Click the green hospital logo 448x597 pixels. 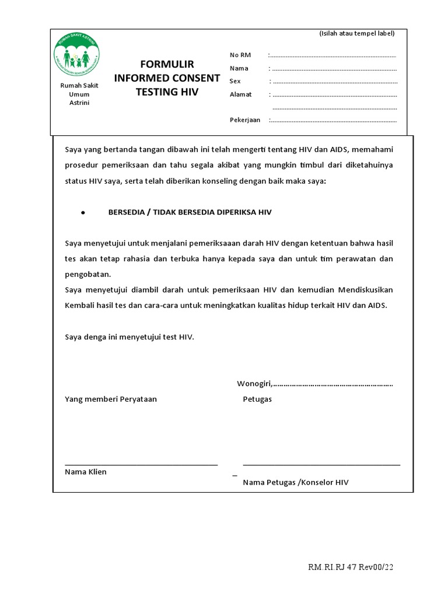[76, 54]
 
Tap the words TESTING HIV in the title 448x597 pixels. [167, 92]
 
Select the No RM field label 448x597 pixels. [240, 55]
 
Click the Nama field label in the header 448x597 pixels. [239, 68]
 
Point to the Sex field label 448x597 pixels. [235, 81]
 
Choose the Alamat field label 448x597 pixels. [241, 94]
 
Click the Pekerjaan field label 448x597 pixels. [245, 120]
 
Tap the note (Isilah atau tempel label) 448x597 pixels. [357, 33]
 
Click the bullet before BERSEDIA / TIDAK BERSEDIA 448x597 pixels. [83, 213]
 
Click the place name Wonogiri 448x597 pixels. [254, 384]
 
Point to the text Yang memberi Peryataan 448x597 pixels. [111, 399]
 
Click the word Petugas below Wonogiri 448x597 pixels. [257, 399]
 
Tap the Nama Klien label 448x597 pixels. [86, 472]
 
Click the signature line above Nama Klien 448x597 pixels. [141, 465]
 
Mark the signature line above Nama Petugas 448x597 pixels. [321, 465]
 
